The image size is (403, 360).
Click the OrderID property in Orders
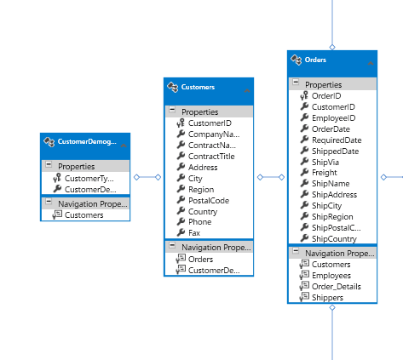tap(326, 96)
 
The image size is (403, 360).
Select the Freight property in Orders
tap(325, 173)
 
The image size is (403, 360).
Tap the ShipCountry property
tap(334, 239)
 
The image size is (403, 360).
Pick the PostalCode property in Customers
tap(209, 201)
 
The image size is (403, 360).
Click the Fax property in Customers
tap(194, 233)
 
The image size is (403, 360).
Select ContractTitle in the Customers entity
tap(211, 157)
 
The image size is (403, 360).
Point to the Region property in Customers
tap(201, 190)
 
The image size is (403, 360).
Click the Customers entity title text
tap(198, 87)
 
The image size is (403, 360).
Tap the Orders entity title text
tap(315, 60)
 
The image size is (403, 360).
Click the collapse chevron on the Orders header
tap(371, 63)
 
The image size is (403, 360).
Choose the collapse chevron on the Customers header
tap(247, 90)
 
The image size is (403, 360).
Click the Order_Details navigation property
tap(337, 287)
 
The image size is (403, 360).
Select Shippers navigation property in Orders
tap(327, 298)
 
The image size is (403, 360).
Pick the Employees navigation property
tap(331, 276)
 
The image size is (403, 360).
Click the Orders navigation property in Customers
tap(200, 260)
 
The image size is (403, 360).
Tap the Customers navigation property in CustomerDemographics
tap(83, 215)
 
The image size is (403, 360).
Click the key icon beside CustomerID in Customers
tap(181, 123)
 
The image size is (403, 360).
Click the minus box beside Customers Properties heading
tap(172, 110)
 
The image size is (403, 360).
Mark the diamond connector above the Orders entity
tap(332, 47)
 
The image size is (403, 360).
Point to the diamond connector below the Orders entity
tap(332, 307)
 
